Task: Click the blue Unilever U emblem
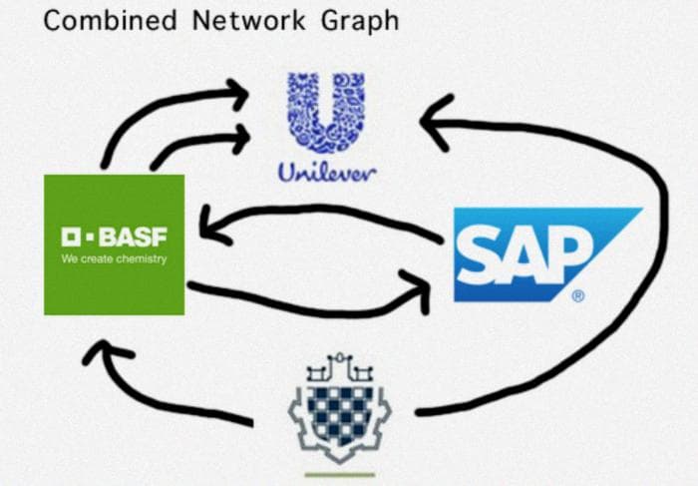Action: pyautogui.click(x=325, y=112)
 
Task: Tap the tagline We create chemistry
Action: pyautogui.click(x=114, y=259)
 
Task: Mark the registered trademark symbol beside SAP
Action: pyautogui.click(x=577, y=296)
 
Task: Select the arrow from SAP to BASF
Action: pyautogui.click(x=319, y=212)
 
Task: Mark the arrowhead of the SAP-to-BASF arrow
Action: pyautogui.click(x=211, y=223)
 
